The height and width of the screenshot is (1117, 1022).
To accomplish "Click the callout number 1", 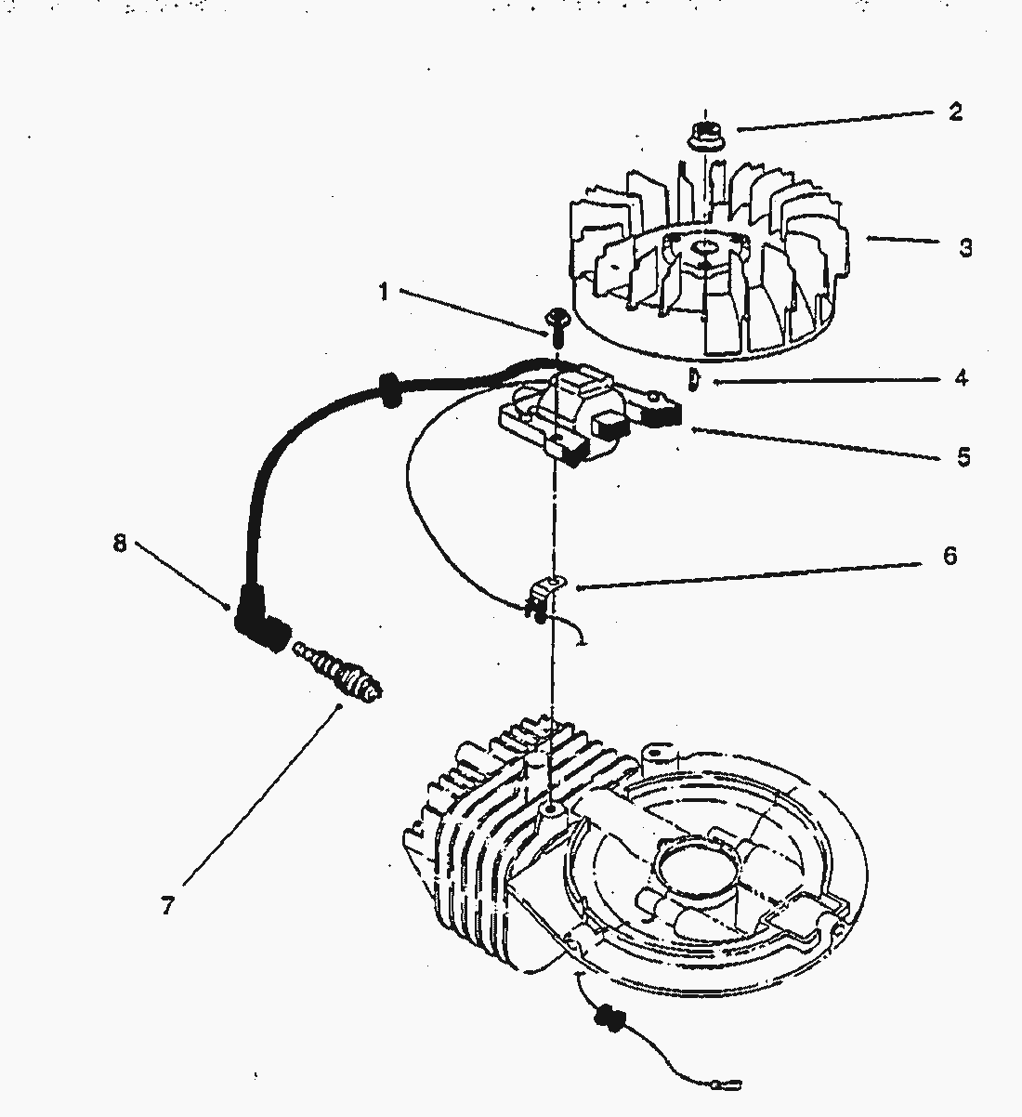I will pos(383,292).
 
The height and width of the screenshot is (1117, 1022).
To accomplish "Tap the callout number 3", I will pos(966,248).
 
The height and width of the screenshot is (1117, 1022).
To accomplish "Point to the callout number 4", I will pos(962,378).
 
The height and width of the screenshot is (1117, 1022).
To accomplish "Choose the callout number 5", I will pos(963,456).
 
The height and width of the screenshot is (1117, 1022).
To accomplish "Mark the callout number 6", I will pos(950,556).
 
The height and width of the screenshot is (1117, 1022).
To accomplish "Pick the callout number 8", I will pos(119,544).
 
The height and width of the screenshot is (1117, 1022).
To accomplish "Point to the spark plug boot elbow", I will pos(259,625).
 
